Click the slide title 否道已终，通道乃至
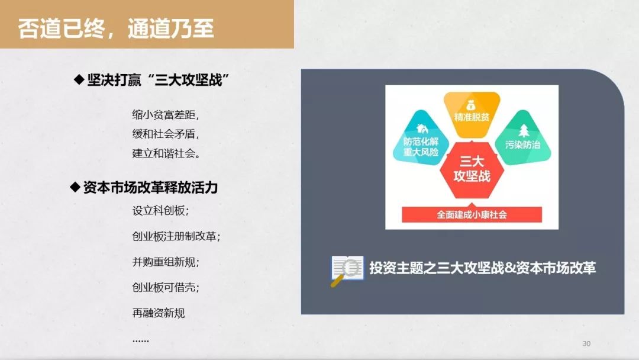click(x=116, y=28)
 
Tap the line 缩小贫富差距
click(x=166, y=114)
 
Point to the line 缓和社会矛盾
click(x=166, y=134)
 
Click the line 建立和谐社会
click(x=166, y=153)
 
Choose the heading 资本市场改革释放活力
click(x=150, y=188)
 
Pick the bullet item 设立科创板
click(x=160, y=211)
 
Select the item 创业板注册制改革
click(x=176, y=236)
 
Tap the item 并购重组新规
click(x=166, y=262)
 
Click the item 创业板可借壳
click(x=166, y=287)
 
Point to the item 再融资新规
click(x=159, y=313)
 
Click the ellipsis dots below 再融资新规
click(x=141, y=340)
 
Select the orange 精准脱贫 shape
click(x=472, y=114)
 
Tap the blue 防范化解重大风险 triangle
click(x=421, y=139)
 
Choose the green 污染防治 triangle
click(x=523, y=139)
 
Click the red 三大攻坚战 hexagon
click(x=472, y=169)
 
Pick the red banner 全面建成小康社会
click(x=472, y=214)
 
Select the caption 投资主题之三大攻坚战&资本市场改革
click(x=483, y=268)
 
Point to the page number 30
click(x=586, y=343)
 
